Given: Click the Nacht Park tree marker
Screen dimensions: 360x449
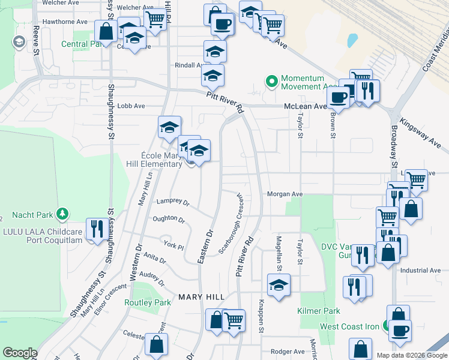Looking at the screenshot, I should (x=61, y=214).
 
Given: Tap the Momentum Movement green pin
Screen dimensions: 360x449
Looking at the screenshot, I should (x=271, y=81).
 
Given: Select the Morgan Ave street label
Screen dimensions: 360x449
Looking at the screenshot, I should (x=285, y=194).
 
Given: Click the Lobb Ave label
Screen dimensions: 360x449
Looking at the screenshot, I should (x=131, y=106).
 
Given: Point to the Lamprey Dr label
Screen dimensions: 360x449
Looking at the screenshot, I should (x=173, y=202).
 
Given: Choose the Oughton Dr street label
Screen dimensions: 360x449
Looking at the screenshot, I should (x=169, y=220).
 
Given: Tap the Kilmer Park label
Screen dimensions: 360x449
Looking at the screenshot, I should (x=319, y=311).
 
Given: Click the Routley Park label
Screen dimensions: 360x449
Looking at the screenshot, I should (x=148, y=302).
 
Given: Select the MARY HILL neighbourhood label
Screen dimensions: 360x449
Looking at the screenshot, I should (x=201, y=297).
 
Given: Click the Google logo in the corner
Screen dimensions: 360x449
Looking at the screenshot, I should (x=20, y=353).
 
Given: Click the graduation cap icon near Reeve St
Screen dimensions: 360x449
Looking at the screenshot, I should (x=19, y=42).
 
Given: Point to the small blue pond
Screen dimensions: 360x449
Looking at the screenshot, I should (x=352, y=41).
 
